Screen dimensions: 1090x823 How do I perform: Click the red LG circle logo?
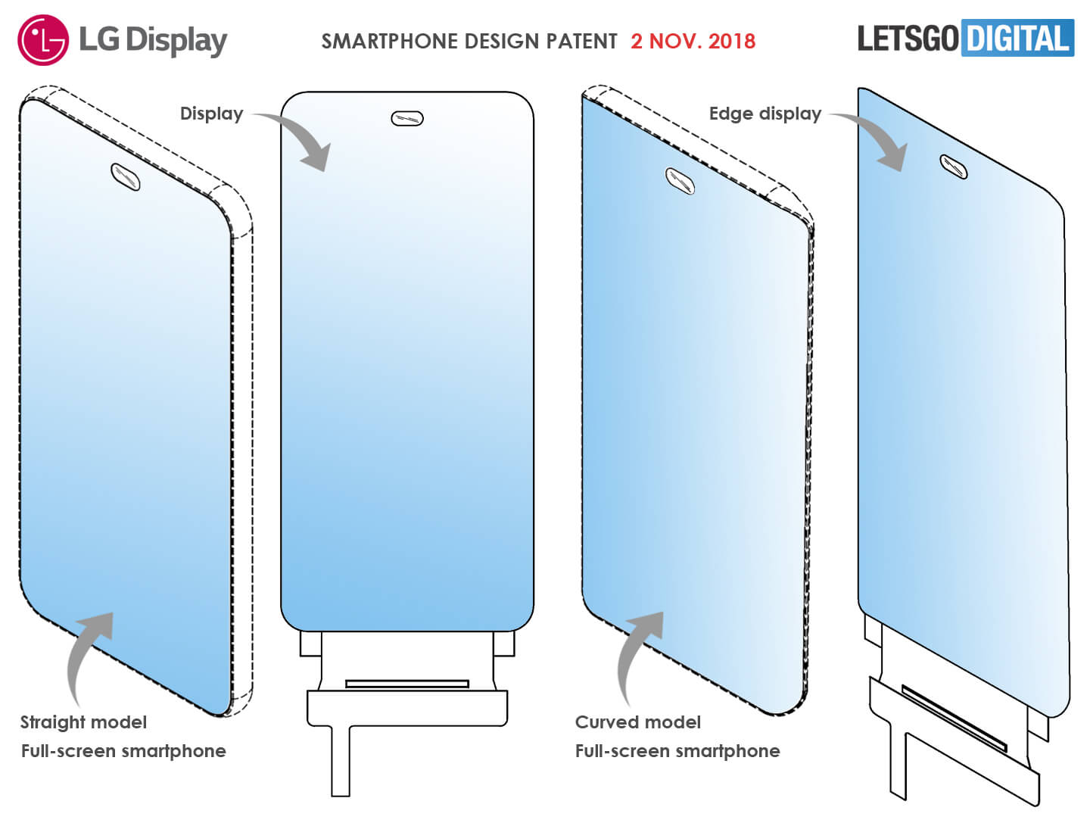(42, 39)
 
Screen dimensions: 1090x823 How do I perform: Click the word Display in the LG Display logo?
(176, 41)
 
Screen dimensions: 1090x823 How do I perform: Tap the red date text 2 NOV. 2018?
(693, 41)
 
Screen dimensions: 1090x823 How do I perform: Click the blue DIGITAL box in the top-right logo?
(1017, 38)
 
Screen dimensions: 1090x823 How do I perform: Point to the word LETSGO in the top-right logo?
(908, 39)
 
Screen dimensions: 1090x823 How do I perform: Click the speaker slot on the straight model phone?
(125, 176)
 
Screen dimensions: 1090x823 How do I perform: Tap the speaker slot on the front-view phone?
(407, 118)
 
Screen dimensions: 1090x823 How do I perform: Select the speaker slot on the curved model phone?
(679, 181)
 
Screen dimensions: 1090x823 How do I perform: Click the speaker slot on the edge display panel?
(954, 167)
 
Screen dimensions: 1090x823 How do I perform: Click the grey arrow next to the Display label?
(298, 139)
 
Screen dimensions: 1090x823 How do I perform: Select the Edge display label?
(765, 114)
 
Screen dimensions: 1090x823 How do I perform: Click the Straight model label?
(83, 722)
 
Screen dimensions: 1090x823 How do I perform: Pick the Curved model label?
(638, 722)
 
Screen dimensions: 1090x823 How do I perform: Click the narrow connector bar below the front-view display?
(407, 684)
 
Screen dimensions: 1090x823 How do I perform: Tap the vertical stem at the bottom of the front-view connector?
(341, 760)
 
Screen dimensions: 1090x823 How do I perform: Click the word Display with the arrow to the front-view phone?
(211, 114)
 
